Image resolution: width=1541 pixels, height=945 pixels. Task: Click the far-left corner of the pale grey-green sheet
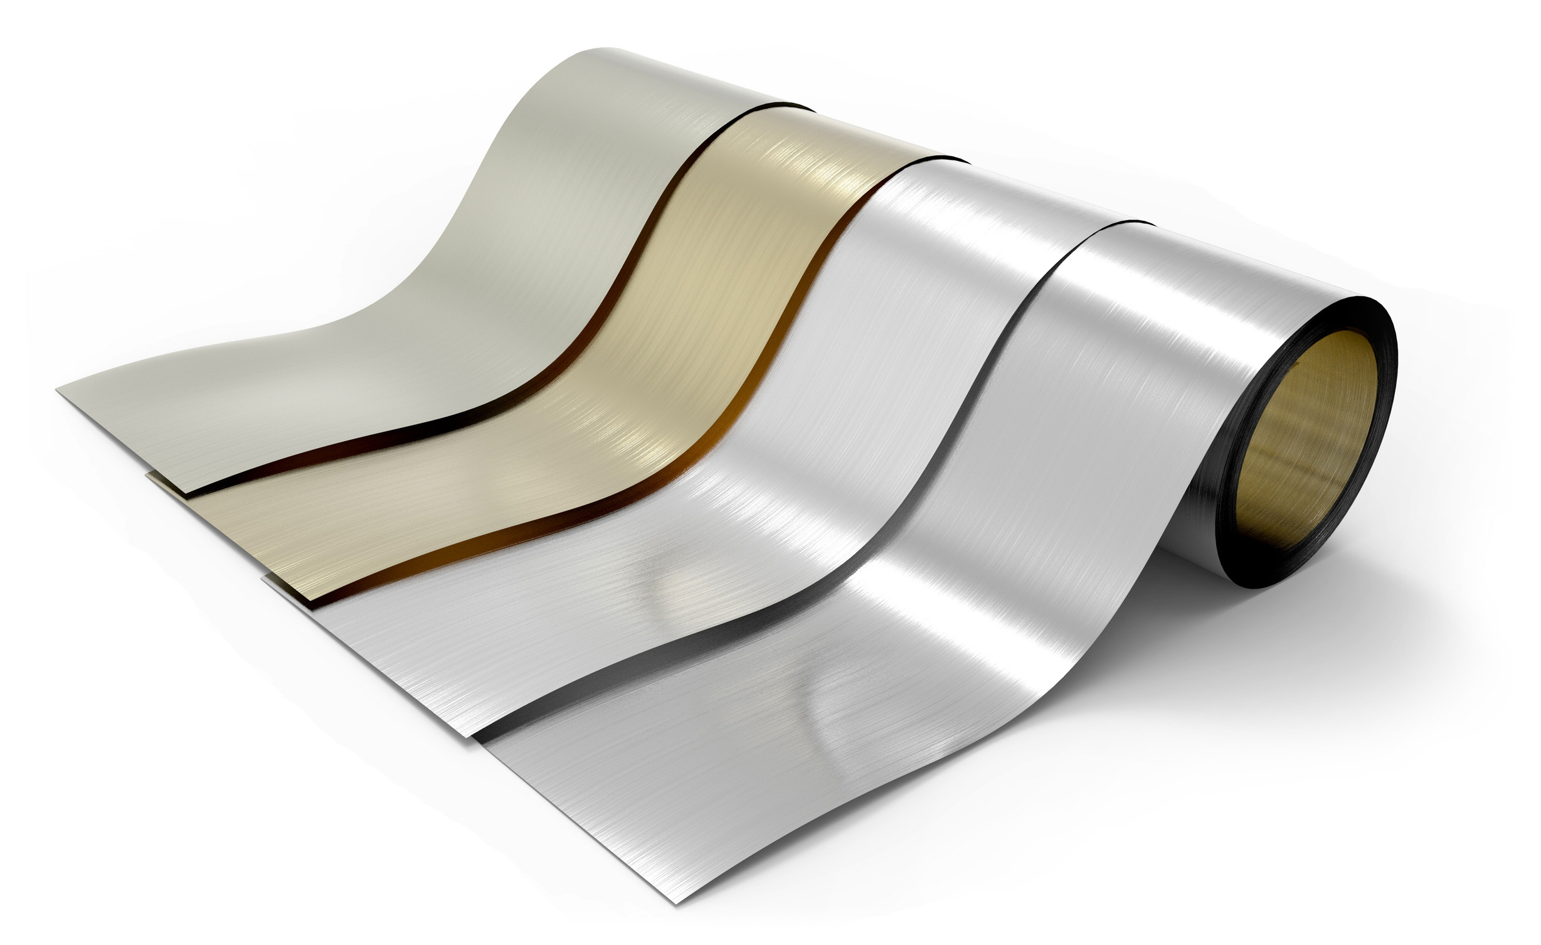click(58, 391)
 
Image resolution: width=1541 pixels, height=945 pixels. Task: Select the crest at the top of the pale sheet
click(602, 56)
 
